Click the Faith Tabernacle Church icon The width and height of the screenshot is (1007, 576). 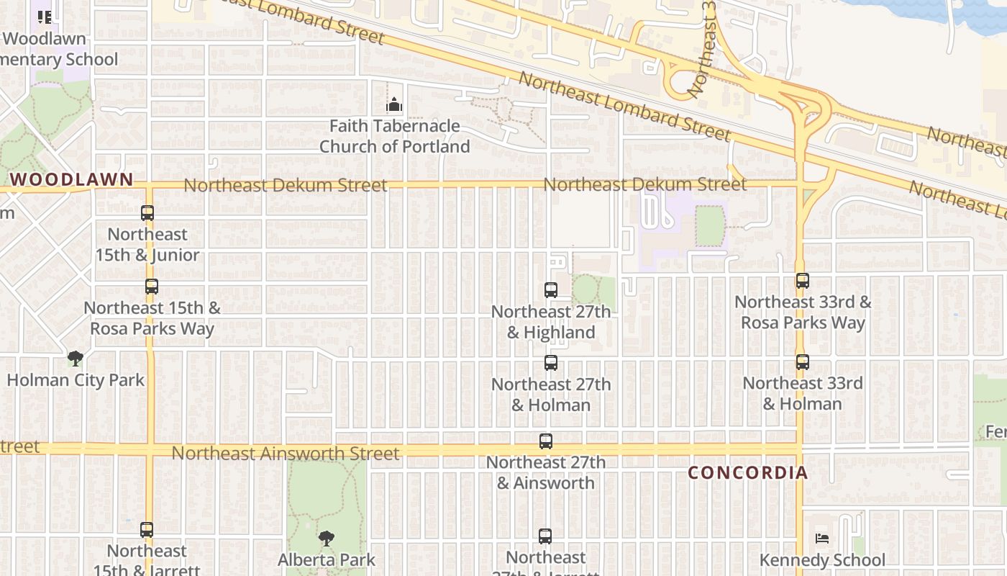[393, 106]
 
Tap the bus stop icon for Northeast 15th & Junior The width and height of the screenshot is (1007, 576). [147, 213]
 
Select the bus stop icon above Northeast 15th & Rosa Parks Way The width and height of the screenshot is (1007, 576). [151, 287]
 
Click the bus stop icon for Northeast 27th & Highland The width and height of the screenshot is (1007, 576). [551, 290]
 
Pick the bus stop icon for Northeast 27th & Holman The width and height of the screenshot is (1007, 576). [551, 363]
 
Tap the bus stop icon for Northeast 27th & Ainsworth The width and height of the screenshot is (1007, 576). [546, 441]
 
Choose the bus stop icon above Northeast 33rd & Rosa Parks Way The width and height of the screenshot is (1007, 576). [803, 281]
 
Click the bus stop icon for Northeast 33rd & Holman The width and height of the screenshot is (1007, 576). [803, 362]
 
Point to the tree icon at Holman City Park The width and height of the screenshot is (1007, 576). [75, 359]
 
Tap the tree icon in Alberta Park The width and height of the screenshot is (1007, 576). [327, 539]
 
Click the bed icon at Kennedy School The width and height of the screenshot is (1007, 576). [822, 539]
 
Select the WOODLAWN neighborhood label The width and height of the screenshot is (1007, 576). [72, 179]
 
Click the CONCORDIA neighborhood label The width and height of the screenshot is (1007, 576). [748, 472]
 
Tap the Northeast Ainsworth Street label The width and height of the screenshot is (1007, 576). [285, 454]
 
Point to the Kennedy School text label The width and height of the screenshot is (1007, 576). [823, 560]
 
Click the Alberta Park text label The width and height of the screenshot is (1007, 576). [327, 559]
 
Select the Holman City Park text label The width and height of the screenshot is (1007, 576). [76, 379]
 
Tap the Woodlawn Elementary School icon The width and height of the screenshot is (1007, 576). [45, 17]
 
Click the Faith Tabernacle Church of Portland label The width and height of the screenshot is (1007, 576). [394, 136]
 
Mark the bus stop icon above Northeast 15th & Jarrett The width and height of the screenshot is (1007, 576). [147, 530]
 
